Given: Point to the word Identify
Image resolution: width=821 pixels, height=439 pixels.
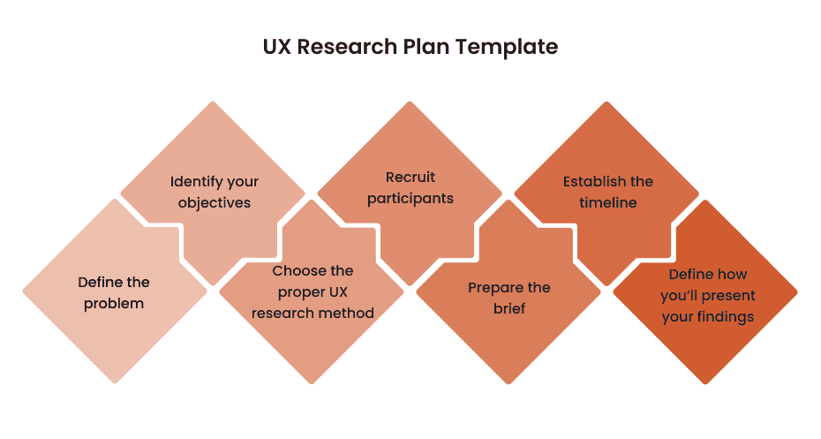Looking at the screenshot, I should click(x=196, y=181).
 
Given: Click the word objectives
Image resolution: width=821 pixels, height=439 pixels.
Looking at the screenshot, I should click(x=215, y=202).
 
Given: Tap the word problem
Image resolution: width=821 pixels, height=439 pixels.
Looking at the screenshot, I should click(x=114, y=304).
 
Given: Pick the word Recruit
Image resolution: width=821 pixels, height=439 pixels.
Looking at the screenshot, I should click(x=410, y=178).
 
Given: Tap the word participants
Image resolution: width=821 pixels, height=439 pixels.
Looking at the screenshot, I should click(x=410, y=199).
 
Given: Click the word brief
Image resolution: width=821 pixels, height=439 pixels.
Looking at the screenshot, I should click(x=509, y=309).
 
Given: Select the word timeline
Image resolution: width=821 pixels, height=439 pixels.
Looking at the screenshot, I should click(x=608, y=202).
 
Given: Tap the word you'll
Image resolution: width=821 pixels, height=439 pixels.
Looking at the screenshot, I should click(x=679, y=296).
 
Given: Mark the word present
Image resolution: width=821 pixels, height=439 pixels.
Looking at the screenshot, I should click(x=729, y=296).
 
